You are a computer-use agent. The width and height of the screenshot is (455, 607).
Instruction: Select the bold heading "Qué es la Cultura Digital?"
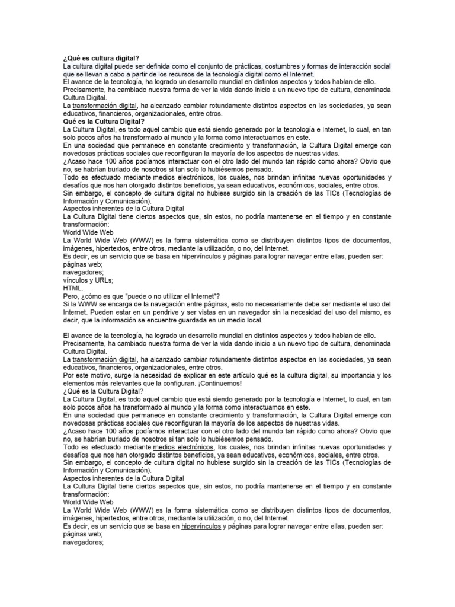[x=104, y=121]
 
